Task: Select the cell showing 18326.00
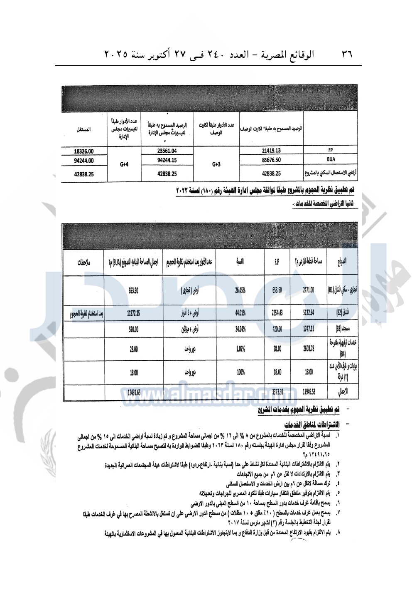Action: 84,151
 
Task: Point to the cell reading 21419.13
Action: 271,151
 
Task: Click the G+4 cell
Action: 124,164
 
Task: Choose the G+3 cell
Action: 216,164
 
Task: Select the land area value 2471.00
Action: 308,290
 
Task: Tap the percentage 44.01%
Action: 240,313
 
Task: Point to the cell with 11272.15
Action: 133,313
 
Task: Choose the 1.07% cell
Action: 240,349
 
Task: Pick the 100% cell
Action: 240,372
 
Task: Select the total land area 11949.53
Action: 308,392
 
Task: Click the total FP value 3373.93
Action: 277,392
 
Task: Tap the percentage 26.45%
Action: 240,290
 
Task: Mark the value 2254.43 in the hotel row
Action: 277,313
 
